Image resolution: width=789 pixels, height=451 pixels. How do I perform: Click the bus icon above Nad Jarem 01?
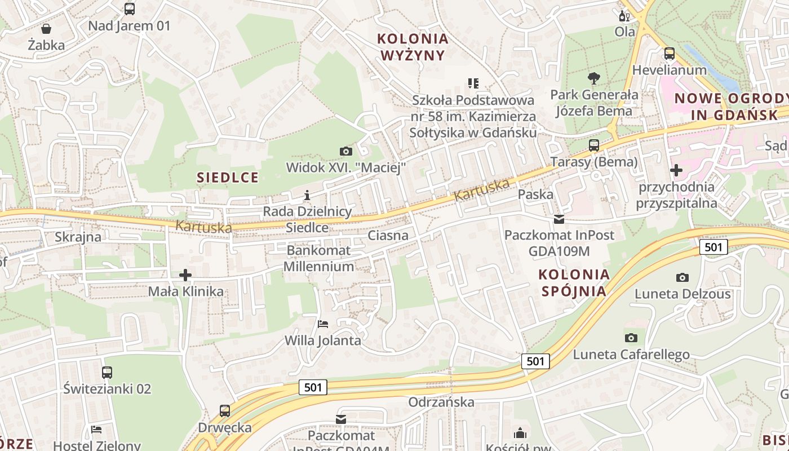[130, 9]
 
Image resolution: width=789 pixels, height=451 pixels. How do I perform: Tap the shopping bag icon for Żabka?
[46, 28]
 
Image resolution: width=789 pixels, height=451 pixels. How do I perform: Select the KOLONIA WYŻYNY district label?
[413, 47]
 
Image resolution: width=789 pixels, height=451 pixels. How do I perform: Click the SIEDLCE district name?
[228, 178]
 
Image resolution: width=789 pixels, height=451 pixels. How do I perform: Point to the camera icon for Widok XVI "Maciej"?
[346, 151]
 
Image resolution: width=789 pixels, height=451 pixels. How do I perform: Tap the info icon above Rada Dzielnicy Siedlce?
[307, 196]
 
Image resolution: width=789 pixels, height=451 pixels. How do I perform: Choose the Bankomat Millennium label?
[318, 258]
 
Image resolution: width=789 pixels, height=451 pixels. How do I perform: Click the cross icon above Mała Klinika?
[185, 275]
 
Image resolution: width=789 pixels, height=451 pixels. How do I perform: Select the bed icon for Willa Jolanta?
[323, 324]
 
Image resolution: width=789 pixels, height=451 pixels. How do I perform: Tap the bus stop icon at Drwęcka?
[225, 411]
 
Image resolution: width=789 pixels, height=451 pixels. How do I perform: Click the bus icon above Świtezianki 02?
[107, 373]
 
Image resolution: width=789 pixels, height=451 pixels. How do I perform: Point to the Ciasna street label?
[388, 235]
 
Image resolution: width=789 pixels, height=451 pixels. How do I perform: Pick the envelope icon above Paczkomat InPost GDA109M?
[559, 219]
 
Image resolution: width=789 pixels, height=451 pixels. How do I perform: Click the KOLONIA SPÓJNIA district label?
[574, 283]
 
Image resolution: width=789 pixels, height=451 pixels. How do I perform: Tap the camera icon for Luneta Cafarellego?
[631, 338]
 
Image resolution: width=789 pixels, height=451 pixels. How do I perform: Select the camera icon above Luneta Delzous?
[682, 277]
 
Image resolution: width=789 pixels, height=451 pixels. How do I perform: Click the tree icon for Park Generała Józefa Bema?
[594, 78]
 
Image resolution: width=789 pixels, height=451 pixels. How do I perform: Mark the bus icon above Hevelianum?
[670, 54]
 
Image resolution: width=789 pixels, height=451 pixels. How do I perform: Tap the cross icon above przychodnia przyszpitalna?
[676, 170]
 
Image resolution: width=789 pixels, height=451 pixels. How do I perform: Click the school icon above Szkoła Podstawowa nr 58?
[473, 84]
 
